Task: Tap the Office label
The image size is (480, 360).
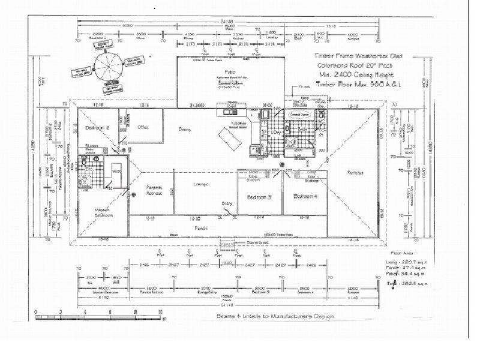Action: (142, 127)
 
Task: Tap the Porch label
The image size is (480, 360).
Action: (200, 228)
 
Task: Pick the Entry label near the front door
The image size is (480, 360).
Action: (227, 203)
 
